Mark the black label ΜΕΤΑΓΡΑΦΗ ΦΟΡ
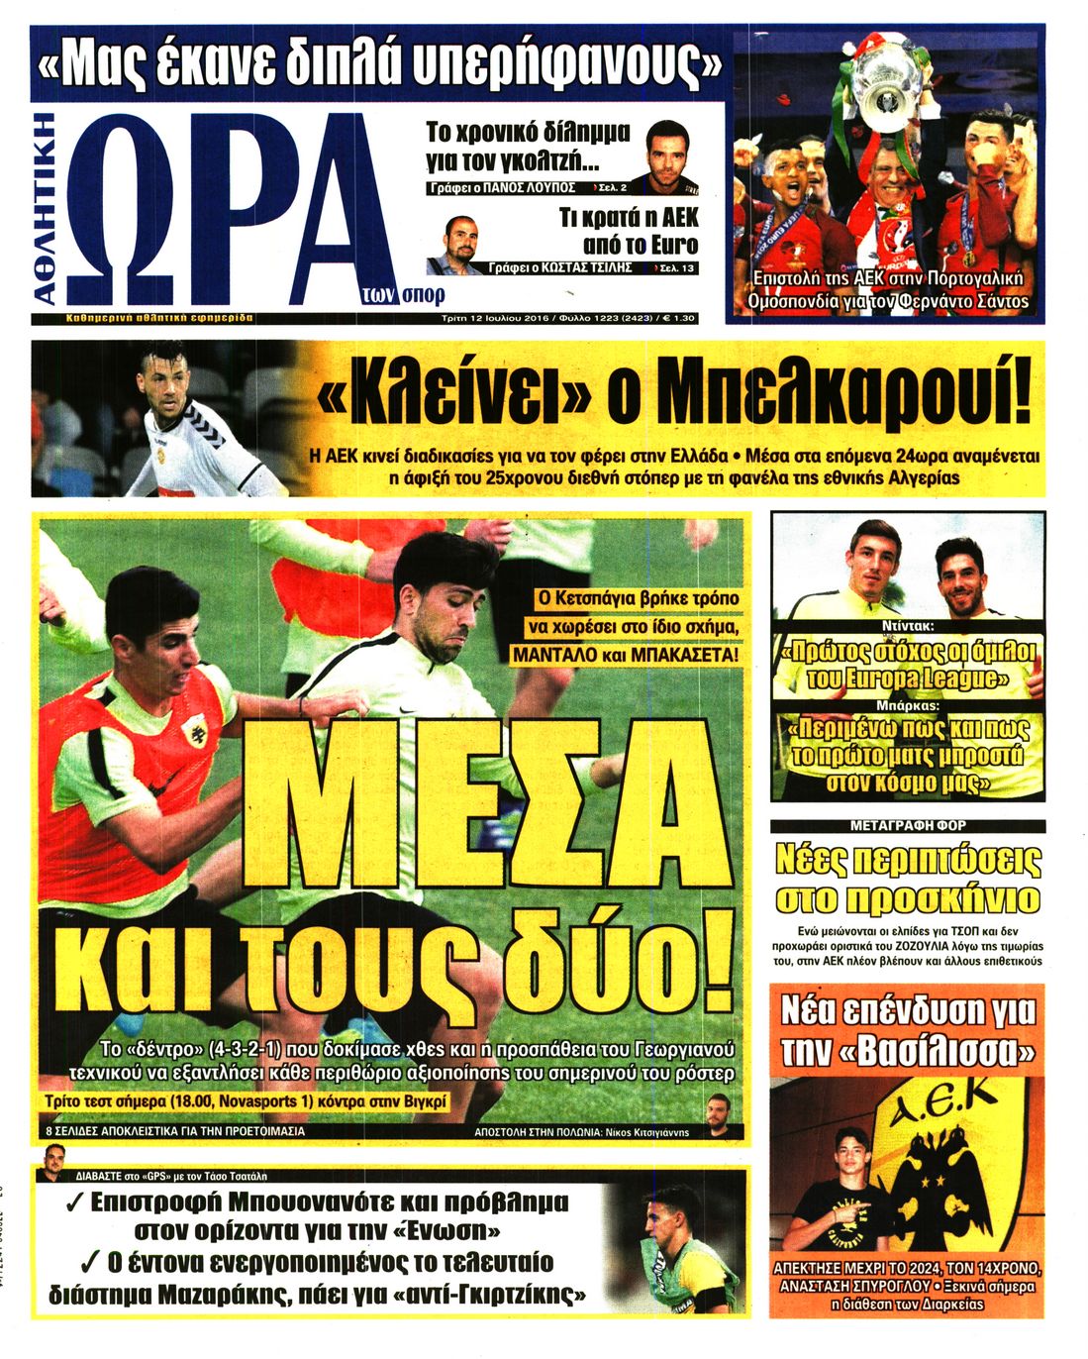(908, 824)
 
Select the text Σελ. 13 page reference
(676, 268)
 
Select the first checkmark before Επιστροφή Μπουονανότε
(72, 1203)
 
